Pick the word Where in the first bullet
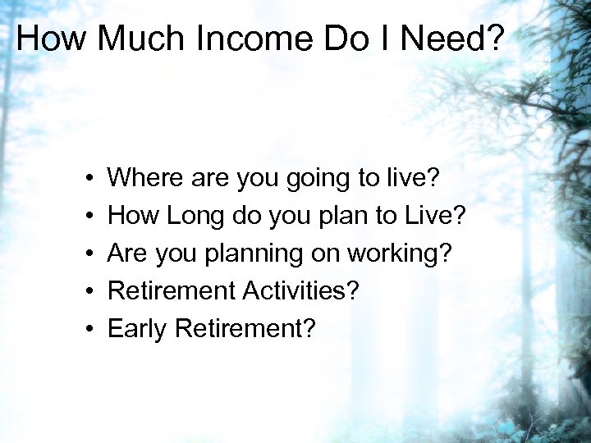tap(144, 177)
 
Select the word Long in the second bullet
tap(194, 217)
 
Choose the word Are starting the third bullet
tap(126, 254)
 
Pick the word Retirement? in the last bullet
tap(245, 329)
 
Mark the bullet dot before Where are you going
tap(87, 178)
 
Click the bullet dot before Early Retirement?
tap(87, 329)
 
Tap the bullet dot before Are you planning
tap(87, 254)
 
